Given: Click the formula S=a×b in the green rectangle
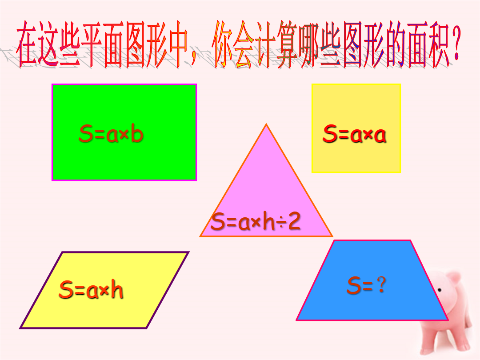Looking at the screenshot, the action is tap(111, 133).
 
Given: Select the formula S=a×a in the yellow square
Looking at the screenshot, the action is tap(354, 134).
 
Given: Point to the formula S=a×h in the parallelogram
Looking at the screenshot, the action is tap(91, 289).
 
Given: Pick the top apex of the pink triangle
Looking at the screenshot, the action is tap(266, 124).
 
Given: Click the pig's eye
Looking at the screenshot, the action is tap(440, 290).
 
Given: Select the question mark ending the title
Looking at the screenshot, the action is tap(456, 43).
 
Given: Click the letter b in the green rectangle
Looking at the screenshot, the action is tap(137, 133).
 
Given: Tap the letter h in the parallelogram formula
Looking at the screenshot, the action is tap(117, 289).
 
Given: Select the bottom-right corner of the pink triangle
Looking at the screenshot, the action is tap(332, 236).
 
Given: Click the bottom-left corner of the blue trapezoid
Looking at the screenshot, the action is tap(296, 320).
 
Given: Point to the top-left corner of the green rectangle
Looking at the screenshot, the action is tap(52, 84).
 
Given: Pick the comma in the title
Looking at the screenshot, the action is tap(193, 60).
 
